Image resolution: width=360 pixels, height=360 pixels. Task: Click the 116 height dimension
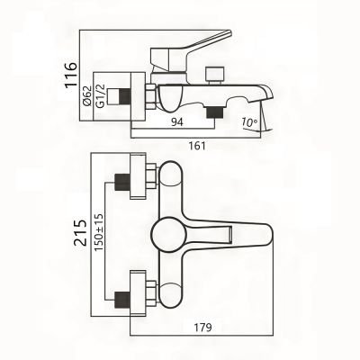coord(71,75)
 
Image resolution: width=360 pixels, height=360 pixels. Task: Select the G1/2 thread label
coord(101,95)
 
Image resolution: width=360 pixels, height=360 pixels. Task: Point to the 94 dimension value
coord(177,122)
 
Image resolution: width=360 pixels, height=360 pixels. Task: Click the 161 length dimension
coord(197,146)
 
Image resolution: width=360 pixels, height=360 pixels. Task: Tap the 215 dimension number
coord(80,233)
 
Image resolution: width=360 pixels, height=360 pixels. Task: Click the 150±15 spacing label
coord(98,232)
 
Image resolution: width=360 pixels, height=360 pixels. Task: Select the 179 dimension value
coord(202,327)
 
